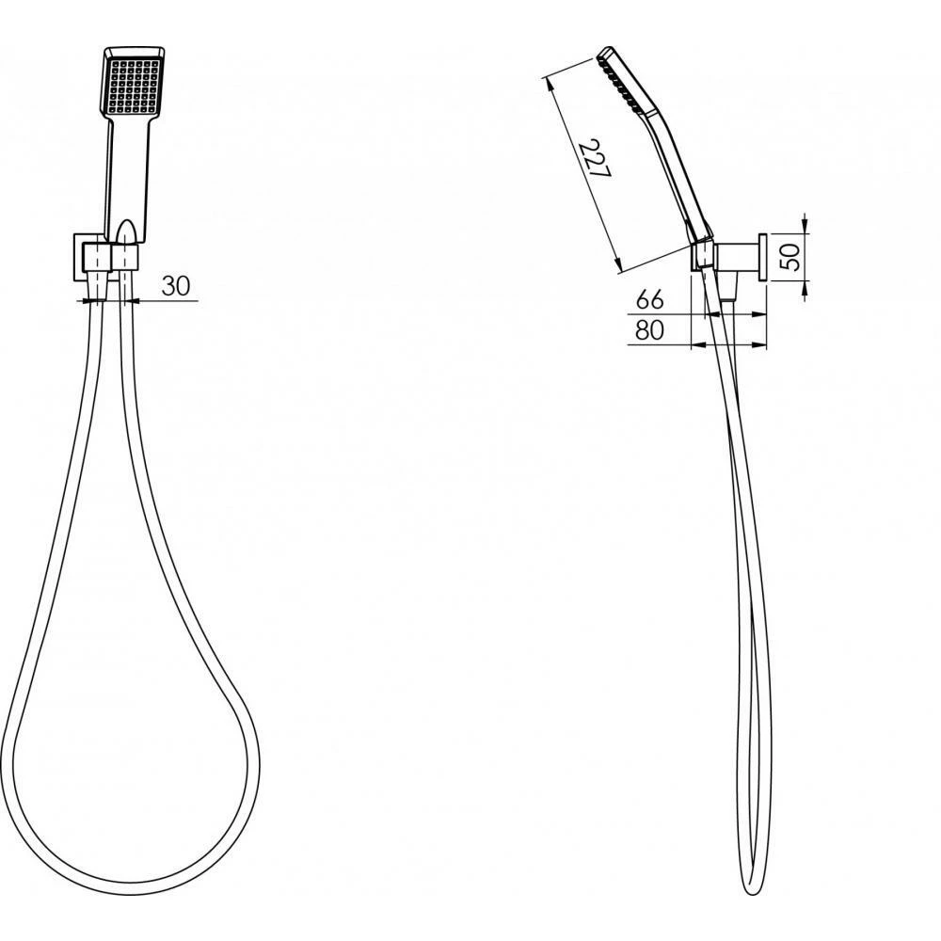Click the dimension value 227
[x=595, y=160]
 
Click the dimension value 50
[x=792, y=254]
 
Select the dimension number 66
[x=650, y=300]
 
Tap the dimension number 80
[x=650, y=329]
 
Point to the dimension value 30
[x=177, y=286]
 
